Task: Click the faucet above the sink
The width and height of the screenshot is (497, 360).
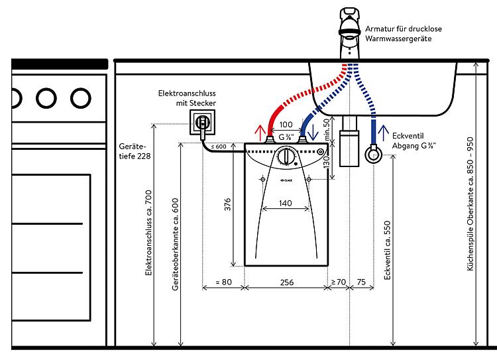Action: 349,33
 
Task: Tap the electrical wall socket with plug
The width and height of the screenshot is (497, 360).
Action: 202,122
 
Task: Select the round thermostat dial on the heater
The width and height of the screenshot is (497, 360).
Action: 286,156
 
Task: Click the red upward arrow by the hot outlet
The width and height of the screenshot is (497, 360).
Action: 260,133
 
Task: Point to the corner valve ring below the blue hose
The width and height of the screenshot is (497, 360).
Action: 373,154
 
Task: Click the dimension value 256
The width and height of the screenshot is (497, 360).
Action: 286,282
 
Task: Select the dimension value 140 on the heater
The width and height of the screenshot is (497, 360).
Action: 285,203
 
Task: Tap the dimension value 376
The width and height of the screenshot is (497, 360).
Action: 227,205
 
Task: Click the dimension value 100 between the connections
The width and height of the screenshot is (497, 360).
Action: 286,125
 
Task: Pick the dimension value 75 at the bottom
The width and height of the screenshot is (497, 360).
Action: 361,282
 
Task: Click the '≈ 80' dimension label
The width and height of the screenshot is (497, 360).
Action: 224,282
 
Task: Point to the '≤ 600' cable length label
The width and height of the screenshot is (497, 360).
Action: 219,147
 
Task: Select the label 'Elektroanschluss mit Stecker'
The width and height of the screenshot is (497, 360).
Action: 187,98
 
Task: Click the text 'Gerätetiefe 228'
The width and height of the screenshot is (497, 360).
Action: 135,151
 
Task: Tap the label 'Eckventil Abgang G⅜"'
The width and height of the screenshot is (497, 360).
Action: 414,141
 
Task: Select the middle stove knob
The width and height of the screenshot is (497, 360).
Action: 46,98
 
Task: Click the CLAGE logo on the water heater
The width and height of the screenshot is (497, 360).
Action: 286,180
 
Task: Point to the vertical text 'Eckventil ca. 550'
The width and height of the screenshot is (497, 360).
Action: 387,250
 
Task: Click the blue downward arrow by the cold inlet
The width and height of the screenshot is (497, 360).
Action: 313,133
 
